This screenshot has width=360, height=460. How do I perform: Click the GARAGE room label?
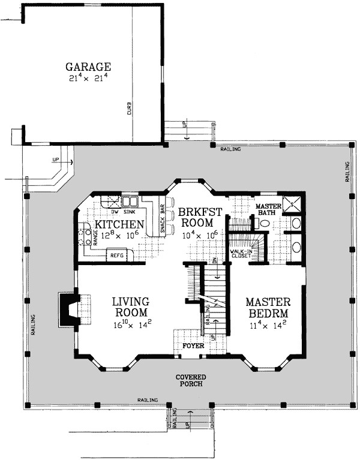[88, 67]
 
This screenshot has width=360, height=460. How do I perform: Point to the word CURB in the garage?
[130, 108]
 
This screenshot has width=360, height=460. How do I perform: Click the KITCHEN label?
[119, 225]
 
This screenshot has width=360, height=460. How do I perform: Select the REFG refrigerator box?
[117, 255]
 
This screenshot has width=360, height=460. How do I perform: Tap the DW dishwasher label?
[115, 212]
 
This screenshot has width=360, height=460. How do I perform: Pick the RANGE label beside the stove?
[95, 237]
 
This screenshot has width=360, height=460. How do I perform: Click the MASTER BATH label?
[268, 209]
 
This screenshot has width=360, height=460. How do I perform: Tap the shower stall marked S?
[292, 203]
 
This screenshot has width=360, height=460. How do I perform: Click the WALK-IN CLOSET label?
[241, 254]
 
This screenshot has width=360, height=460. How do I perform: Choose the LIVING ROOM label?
[131, 306]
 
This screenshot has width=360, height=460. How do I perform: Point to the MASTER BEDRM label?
[268, 308]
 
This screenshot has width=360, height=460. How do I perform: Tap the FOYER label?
[193, 346]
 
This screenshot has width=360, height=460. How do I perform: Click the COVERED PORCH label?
[191, 380]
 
